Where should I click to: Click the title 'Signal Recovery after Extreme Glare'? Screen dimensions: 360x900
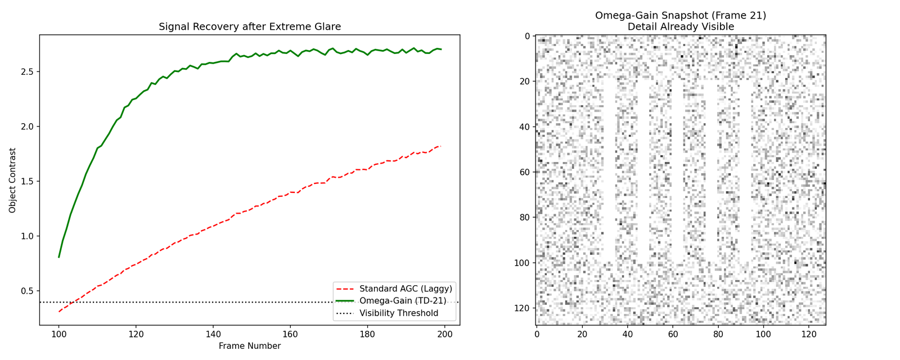tap(250, 26)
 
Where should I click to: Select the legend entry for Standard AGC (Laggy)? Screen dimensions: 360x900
tap(406, 289)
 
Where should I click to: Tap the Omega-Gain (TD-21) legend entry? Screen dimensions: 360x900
tap(403, 301)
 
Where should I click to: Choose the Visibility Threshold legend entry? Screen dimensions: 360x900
tap(399, 313)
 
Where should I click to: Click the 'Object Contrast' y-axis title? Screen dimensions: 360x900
tap(12, 180)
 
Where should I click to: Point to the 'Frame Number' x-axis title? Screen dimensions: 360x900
tap(250, 346)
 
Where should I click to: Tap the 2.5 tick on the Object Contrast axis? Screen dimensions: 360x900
tap(26, 72)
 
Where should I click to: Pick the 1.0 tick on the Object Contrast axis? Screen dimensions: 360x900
tap(26, 236)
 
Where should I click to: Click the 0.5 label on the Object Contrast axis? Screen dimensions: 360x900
tap(26, 291)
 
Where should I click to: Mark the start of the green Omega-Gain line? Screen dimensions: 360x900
tap(59, 257)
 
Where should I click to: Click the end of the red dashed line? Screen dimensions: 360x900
tap(440, 146)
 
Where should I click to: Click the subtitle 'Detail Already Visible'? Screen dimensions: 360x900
tap(681, 26)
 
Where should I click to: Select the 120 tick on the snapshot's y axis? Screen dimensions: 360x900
tap(523, 308)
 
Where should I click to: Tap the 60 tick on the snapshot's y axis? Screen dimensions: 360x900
tap(525, 172)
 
